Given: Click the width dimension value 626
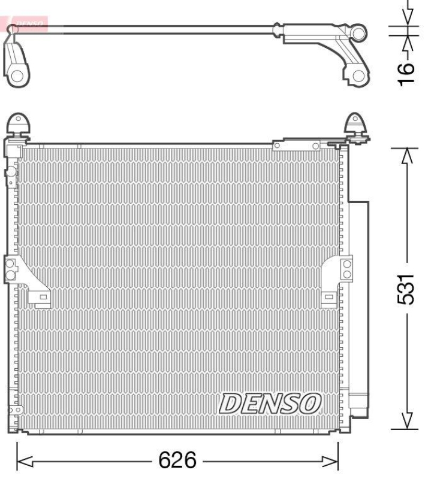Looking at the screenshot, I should point(177,461).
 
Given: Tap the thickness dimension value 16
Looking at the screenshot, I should point(407,72).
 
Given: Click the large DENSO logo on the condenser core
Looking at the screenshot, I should point(270,404).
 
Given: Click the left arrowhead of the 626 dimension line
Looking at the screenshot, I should point(24,461).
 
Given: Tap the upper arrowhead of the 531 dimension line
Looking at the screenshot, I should point(407,155).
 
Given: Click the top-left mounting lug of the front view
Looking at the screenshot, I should point(19,125).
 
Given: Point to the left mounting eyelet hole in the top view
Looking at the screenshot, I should point(17,76).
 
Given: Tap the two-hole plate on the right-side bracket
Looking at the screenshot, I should point(346,269).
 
